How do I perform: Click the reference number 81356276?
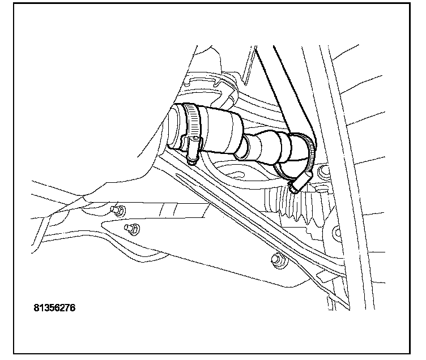(55, 308)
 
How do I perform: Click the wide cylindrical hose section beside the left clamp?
(221, 131)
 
